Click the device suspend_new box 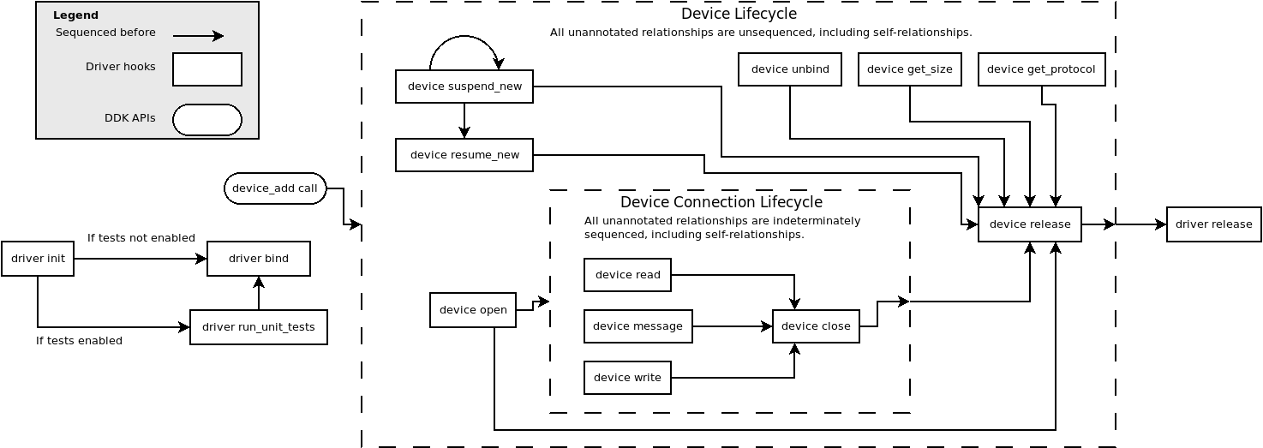[464, 87]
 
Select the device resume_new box [464, 155]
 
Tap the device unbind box [790, 69]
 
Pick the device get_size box [910, 69]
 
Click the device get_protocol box [1042, 69]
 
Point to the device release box [1030, 224]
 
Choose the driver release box [1213, 224]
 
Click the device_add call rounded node [275, 188]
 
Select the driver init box [38, 259]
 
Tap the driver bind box [259, 259]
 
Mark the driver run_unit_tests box [259, 327]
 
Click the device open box [473, 310]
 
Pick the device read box [627, 275]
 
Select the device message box [638, 326]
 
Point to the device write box [627, 378]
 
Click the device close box [816, 326]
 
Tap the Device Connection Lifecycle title [721, 202]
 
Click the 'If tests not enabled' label [141, 238]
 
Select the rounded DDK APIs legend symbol [207, 120]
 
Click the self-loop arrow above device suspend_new [464, 38]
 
